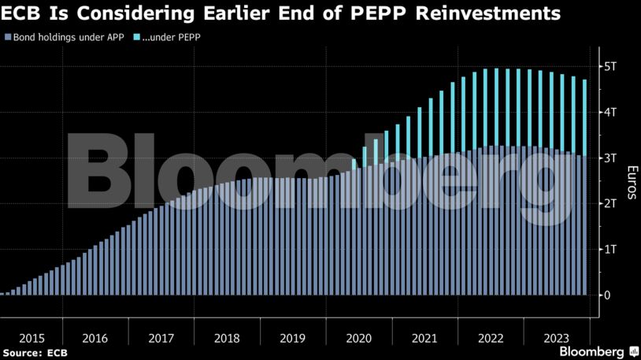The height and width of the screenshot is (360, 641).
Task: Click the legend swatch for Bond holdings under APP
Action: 8,37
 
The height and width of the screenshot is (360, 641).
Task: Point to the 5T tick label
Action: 610,66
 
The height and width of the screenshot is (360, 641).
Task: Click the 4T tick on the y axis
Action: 610,112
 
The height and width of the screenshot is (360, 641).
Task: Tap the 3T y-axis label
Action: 610,158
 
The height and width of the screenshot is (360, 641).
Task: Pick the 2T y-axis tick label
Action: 610,203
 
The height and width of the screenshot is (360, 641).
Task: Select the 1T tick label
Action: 610,249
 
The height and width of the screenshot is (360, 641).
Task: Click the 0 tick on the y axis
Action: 606,295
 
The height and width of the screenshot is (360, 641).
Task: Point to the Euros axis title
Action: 630,183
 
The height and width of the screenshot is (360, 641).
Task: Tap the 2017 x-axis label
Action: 161,339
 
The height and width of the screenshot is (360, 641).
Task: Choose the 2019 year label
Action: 293,339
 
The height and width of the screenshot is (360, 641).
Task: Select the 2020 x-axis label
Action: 359,339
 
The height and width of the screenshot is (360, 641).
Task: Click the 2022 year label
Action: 490,339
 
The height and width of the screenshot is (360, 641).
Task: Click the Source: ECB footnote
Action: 35,352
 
